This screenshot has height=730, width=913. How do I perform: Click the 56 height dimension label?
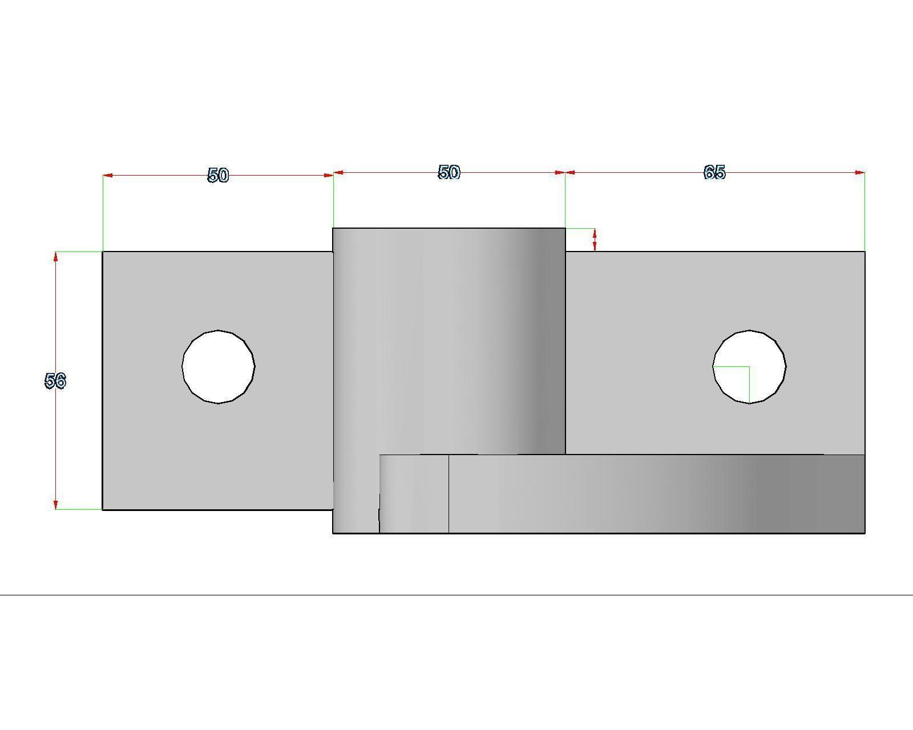click(x=55, y=380)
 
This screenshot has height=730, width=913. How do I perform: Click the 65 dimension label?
click(x=714, y=172)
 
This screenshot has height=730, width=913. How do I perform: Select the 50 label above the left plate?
click(x=218, y=175)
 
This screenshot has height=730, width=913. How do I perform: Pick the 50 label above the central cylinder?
click(x=449, y=172)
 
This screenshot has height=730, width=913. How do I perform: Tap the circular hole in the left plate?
click(x=219, y=367)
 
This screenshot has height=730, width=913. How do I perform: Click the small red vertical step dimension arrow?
click(x=595, y=240)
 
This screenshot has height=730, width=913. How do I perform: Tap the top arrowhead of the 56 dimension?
click(x=55, y=256)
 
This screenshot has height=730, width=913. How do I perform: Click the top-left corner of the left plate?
click(x=103, y=252)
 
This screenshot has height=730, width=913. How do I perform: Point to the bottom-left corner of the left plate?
click(x=103, y=509)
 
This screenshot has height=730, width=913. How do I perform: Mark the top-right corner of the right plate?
click(x=864, y=252)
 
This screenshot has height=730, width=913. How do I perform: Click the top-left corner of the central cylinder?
click(x=333, y=228)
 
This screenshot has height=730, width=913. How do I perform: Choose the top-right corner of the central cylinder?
click(x=565, y=228)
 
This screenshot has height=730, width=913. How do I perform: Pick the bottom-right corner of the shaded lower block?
click(x=864, y=533)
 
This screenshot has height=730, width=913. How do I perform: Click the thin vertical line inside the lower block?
click(x=449, y=494)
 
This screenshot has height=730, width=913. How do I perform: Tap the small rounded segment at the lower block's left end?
click(x=414, y=494)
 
